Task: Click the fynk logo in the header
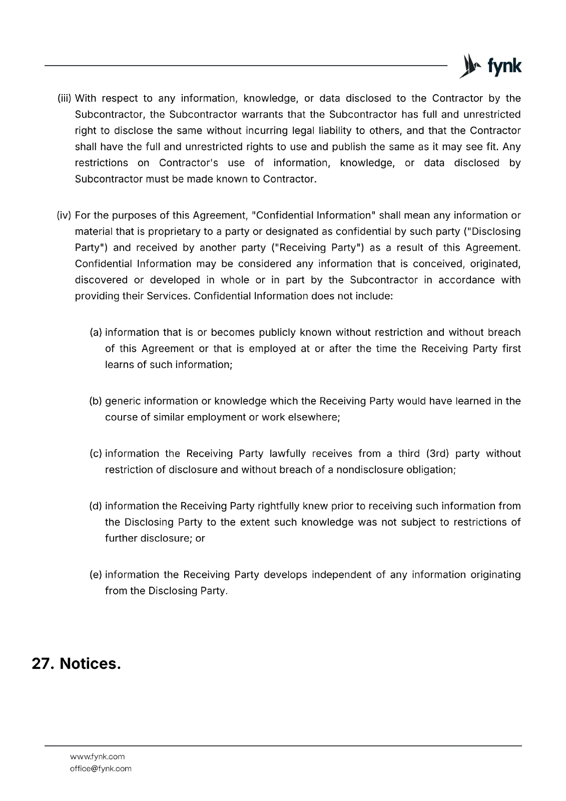(x=490, y=66)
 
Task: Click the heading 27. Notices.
(x=77, y=664)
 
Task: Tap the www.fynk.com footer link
(x=97, y=756)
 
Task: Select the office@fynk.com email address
(x=101, y=768)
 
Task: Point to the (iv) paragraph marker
(x=65, y=215)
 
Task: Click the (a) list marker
(x=96, y=332)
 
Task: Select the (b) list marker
(x=96, y=401)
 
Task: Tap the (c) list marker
(x=96, y=454)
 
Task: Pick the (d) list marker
(x=96, y=506)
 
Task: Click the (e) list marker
(x=96, y=575)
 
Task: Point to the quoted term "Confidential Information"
(x=314, y=215)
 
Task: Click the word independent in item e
(x=341, y=575)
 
